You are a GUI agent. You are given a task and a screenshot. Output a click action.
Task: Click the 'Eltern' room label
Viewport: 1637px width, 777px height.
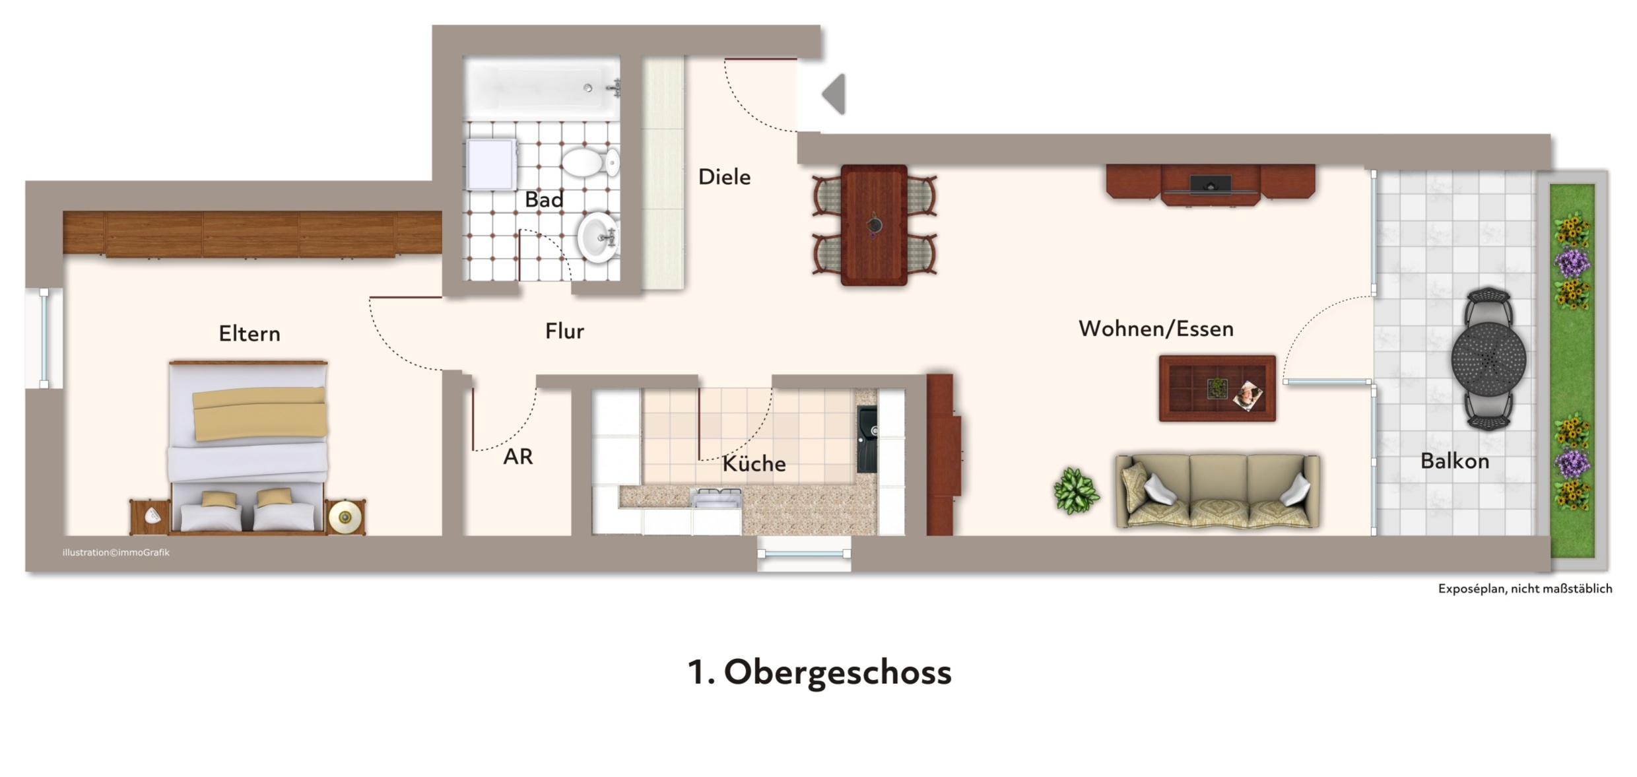pos(250,333)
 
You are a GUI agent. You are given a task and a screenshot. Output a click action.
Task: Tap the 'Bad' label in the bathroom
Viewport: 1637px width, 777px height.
pos(544,199)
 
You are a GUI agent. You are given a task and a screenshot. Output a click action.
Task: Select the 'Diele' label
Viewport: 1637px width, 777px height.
pos(724,177)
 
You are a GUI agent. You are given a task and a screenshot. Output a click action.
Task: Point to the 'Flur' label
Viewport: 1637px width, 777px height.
pos(564,331)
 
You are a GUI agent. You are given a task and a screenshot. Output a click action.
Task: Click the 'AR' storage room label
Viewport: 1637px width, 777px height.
pos(518,456)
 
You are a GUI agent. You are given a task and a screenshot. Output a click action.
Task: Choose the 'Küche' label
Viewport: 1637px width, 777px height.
pos(754,463)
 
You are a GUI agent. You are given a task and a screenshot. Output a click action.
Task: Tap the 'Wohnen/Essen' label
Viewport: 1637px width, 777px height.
pos(1156,328)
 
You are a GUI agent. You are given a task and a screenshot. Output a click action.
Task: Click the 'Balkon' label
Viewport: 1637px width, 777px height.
pos(1455,461)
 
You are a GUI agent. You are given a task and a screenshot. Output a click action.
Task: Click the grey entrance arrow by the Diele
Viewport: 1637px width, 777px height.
pos(834,94)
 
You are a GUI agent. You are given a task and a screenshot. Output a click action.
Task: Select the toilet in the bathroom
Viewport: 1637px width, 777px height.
pos(590,162)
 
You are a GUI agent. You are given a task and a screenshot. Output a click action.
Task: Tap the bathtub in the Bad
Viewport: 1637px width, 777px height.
pos(542,88)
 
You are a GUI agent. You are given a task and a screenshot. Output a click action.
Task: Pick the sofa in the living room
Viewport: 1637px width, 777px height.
pos(1217,490)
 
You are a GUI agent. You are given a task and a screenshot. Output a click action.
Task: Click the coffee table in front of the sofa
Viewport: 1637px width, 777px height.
pos(1217,388)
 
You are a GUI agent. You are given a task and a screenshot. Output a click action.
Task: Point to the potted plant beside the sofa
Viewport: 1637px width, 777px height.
pos(1076,490)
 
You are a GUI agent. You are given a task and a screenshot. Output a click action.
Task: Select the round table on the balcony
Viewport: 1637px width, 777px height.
pos(1488,358)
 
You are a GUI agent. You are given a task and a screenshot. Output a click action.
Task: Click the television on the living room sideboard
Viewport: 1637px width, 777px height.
pos(1210,185)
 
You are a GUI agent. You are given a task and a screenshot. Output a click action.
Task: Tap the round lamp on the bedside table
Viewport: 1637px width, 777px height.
pos(345,517)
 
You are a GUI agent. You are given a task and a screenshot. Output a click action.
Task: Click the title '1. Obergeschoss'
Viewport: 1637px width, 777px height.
pos(819,673)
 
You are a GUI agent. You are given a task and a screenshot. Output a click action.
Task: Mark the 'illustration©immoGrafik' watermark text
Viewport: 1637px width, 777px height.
pos(116,553)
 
